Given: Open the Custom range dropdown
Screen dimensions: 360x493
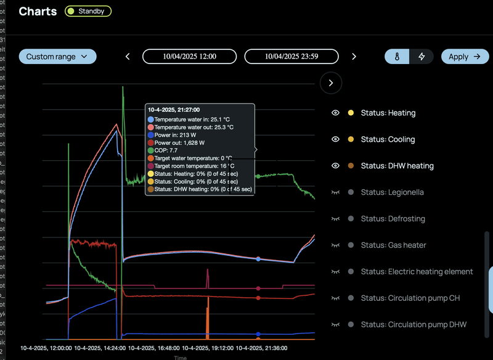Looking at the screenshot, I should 57,57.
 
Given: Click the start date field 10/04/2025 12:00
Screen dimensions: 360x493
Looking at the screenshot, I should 189,57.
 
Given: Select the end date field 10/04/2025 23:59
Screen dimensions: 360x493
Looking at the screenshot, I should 291,57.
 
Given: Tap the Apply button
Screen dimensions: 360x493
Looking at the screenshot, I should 464,57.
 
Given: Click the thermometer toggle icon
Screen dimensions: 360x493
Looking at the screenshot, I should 397,57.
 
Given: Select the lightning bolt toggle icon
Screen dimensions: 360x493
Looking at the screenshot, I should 422,57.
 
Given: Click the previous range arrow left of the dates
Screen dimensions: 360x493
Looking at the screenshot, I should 128,57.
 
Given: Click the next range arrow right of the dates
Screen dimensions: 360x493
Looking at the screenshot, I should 354,57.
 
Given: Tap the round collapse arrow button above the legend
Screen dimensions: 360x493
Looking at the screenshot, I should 331,83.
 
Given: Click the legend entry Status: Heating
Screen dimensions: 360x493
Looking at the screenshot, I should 388,113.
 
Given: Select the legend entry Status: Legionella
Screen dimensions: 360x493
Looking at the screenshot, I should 393,192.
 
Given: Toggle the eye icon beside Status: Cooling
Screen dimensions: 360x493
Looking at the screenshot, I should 335,139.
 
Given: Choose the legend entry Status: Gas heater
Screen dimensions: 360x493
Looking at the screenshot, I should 393,245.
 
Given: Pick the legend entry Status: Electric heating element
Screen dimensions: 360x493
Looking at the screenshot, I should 417,272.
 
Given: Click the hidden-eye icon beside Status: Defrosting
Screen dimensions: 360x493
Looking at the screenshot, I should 335,219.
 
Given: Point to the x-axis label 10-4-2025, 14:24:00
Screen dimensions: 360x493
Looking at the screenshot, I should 100,348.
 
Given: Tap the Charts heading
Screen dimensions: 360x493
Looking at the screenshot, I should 38,11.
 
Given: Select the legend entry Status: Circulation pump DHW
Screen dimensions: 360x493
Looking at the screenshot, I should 414,325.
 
